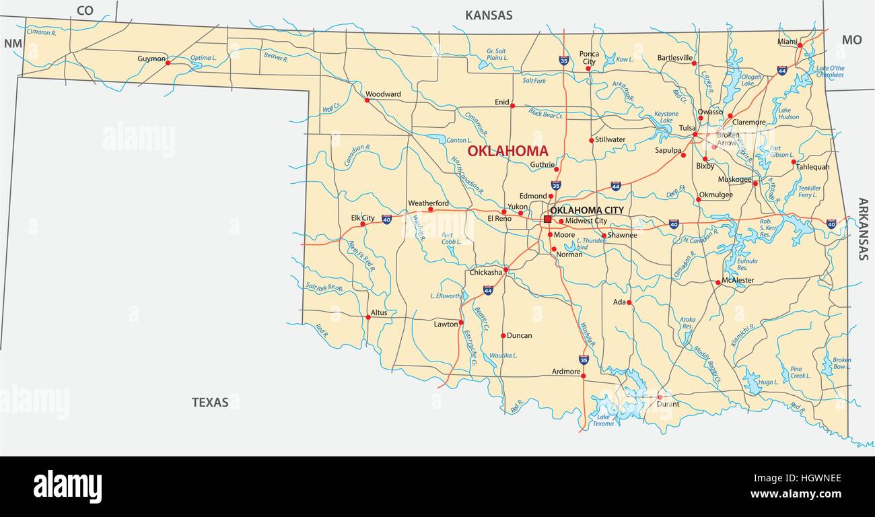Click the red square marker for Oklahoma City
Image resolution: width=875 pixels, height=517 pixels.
pos(547,219)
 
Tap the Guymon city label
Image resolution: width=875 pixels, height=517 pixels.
pos(151,59)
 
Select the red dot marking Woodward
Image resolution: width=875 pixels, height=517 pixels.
pos(367,100)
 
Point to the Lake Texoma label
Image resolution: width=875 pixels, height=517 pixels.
pos(602,420)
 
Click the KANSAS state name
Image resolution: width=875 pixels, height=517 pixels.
pos(489,15)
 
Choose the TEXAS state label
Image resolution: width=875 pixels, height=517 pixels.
pos(210,402)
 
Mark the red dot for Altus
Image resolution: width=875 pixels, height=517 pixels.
pos(367,317)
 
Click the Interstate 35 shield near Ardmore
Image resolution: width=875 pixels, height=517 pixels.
pos(584,360)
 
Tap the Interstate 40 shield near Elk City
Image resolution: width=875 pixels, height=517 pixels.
pos(386,219)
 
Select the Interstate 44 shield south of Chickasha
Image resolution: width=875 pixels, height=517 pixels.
pos(487,290)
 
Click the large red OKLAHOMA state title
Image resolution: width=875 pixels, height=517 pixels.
pos(508,151)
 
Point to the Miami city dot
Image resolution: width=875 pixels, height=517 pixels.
pos(800,45)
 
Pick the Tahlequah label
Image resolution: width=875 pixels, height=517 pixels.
pos(813,167)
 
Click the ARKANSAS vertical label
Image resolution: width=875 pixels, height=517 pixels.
pos(863,229)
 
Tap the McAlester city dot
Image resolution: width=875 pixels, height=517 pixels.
pos(718,283)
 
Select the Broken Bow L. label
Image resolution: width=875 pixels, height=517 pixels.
pos(841,364)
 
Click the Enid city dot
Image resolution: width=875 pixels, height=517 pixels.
pos(512,106)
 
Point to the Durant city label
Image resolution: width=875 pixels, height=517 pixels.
pos(668,404)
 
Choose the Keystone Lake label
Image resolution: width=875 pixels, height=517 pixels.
pos(666,117)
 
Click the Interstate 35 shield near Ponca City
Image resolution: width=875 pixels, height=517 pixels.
pos(563,61)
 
